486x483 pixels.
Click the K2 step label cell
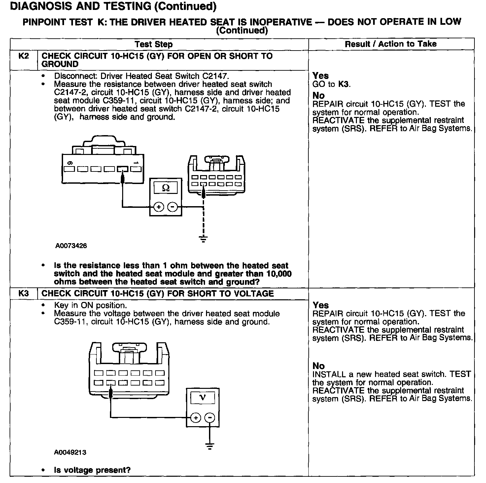(x=24, y=56)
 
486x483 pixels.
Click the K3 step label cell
(x=24, y=294)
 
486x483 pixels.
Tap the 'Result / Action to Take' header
(x=391, y=44)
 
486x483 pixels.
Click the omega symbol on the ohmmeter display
(x=166, y=188)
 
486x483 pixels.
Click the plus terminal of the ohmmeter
(x=159, y=207)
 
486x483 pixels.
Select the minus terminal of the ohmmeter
(x=172, y=207)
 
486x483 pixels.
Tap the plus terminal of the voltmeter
(x=196, y=418)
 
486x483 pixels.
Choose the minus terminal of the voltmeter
(x=209, y=418)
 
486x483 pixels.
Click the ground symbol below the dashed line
(x=204, y=239)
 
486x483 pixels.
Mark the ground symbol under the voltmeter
(x=209, y=446)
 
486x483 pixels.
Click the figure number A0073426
(x=71, y=246)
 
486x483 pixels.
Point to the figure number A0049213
(x=70, y=452)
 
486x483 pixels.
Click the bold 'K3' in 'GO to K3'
(x=343, y=84)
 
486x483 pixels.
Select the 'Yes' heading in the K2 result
(x=320, y=76)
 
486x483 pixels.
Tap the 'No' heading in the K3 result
(x=319, y=366)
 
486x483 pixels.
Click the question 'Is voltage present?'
(x=92, y=470)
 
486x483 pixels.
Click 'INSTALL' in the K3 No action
(x=329, y=374)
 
